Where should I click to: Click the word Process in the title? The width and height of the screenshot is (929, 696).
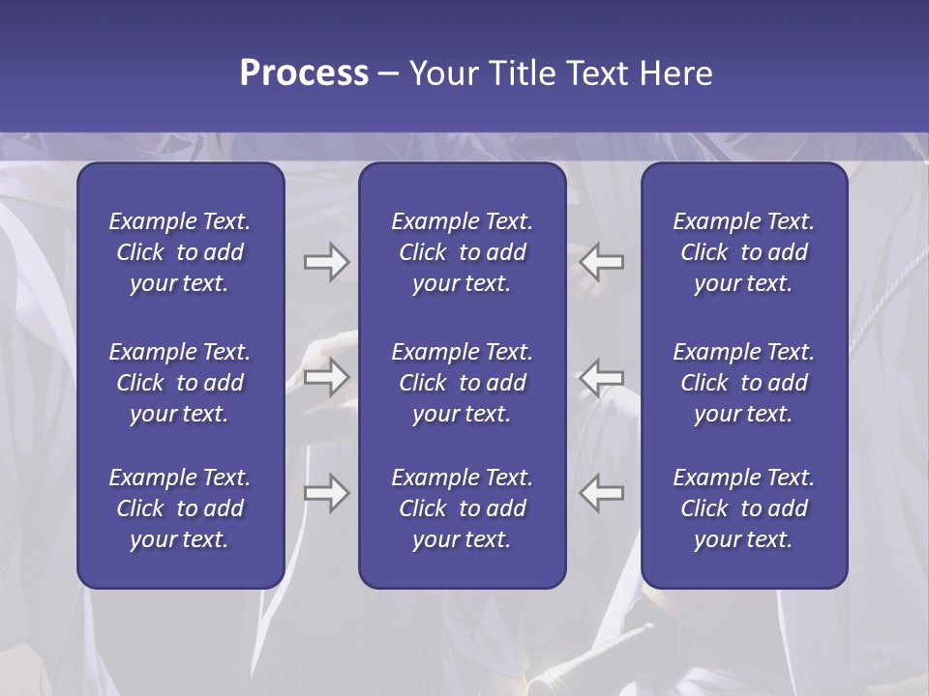pos(304,73)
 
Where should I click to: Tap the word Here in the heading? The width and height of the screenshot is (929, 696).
pos(675,73)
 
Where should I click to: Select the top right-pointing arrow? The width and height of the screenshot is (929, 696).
pos(326,261)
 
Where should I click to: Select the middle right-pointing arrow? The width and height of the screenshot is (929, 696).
pos(326,377)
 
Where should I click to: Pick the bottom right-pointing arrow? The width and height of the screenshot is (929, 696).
pos(326,493)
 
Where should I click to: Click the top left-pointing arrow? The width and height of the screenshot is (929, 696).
pos(602,261)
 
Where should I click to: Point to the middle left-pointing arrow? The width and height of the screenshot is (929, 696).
pos(602,377)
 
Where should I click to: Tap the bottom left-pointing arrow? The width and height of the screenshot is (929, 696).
pos(602,493)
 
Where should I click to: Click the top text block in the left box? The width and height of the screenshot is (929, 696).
pos(180,252)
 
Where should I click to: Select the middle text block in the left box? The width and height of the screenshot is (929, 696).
pos(180,383)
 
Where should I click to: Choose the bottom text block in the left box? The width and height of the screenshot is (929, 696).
pos(180,508)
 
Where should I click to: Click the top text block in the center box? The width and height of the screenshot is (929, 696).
pos(462,252)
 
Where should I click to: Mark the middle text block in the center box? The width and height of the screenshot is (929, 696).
pos(462,383)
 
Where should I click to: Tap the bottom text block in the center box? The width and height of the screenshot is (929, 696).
pos(462,508)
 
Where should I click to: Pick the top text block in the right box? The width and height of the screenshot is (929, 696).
pos(743,252)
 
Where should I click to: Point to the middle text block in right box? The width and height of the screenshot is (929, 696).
pos(743,383)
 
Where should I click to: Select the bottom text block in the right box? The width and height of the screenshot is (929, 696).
pos(743,508)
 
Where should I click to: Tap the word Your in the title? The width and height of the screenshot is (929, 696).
pos(440,73)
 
